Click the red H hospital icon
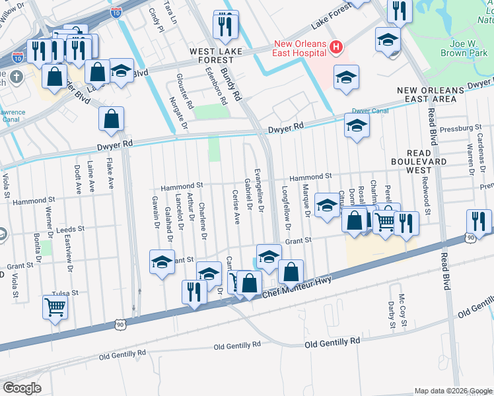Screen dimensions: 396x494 click(336, 47)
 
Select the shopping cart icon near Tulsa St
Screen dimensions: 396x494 click(55, 306)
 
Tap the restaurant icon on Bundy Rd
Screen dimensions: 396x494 click(225, 24)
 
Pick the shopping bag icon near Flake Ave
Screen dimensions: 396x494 click(112, 119)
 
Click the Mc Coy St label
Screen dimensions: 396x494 click(401, 305)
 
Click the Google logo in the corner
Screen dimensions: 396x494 click(22, 387)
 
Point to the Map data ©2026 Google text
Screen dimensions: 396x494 click(452, 391)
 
